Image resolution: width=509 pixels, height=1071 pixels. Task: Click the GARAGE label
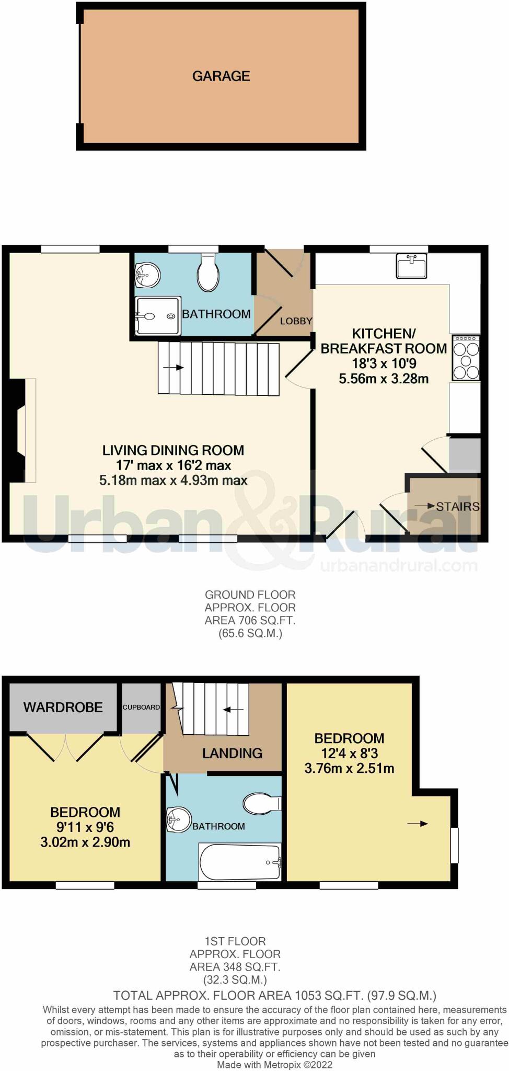(221, 76)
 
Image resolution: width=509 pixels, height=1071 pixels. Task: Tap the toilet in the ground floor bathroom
(208, 272)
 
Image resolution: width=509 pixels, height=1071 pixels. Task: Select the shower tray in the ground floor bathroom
(158, 316)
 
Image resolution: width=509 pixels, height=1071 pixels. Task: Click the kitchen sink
(412, 266)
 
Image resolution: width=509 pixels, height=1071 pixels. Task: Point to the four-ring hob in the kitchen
(466, 358)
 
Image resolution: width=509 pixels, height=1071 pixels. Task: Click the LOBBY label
(296, 321)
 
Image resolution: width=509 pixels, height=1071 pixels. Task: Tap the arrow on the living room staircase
(173, 368)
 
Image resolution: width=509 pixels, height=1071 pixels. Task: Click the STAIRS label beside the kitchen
(458, 506)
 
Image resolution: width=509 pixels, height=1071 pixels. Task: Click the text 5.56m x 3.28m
(384, 379)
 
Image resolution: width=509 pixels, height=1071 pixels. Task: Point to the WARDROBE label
(63, 708)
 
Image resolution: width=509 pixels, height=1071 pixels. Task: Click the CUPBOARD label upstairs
(141, 707)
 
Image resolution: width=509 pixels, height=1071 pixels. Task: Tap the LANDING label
(233, 753)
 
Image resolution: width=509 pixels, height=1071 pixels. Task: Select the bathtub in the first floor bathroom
(240, 862)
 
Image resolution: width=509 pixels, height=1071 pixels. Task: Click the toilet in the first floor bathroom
(263, 803)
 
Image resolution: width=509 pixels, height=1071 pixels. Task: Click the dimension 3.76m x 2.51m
(349, 768)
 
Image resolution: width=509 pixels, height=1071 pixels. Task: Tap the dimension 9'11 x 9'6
(85, 827)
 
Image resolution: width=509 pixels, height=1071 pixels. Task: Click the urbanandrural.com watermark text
(398, 565)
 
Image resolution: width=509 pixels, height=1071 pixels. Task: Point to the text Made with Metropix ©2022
(275, 1064)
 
